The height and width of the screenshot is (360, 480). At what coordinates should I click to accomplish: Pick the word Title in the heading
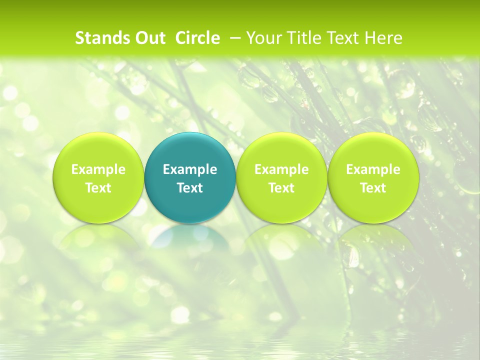coord(302,38)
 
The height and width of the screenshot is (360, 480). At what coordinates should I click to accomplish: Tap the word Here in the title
coord(383,38)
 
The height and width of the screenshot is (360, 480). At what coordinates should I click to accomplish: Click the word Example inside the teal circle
coord(190,169)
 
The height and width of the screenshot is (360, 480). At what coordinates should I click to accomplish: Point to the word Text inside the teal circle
coord(190,188)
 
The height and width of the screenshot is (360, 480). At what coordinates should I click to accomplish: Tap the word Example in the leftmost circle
coord(98,169)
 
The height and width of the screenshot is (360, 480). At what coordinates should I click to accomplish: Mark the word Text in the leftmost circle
coord(98,188)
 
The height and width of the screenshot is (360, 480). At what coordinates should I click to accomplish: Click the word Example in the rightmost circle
coord(373,169)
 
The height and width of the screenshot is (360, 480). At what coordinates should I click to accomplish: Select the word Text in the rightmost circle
coord(373,188)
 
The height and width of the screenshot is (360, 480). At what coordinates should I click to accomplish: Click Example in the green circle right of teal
coord(281,169)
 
